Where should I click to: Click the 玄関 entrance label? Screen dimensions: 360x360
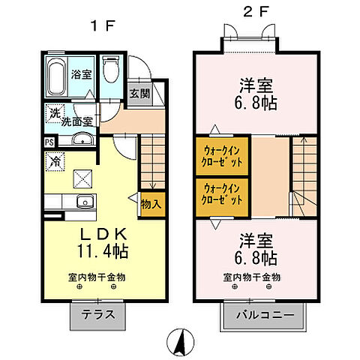(x=138, y=94)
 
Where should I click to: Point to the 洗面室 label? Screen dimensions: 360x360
(x=76, y=120)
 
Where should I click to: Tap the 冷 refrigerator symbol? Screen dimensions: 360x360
(x=56, y=159)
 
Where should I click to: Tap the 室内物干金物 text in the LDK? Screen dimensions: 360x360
(x=94, y=277)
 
